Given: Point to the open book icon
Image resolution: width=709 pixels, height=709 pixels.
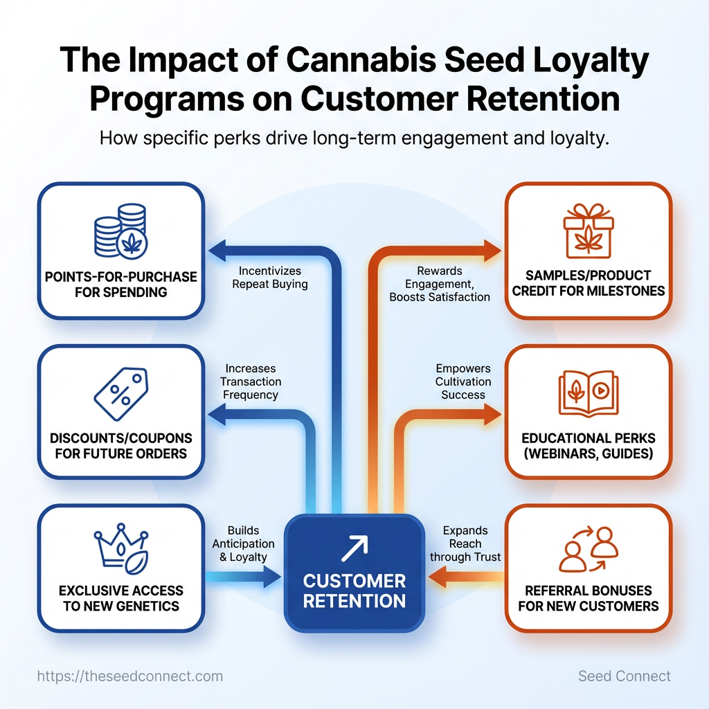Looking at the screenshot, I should pyautogui.click(x=588, y=392).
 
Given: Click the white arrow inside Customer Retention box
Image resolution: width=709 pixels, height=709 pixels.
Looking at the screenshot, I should pyautogui.click(x=354, y=548).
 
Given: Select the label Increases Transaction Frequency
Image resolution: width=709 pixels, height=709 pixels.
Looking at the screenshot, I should pyautogui.click(x=250, y=382).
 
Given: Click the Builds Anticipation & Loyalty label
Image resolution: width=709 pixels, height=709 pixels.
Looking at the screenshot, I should pyautogui.click(x=243, y=544).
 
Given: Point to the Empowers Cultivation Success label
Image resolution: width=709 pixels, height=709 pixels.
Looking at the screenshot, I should pyautogui.click(x=463, y=382).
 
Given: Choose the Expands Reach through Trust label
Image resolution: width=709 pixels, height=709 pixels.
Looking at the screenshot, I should pyautogui.click(x=465, y=544).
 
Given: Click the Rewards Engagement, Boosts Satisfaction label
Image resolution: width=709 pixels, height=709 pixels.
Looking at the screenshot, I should pyautogui.click(x=440, y=284).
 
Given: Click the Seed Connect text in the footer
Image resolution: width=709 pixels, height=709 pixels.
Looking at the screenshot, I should pyautogui.click(x=624, y=676).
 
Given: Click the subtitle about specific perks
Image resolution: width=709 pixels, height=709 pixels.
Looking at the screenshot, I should pyautogui.click(x=354, y=137).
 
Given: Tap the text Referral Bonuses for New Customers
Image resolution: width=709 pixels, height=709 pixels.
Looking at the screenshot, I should pyautogui.click(x=588, y=598).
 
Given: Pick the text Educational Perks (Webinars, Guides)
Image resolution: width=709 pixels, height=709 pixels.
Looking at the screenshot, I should pyautogui.click(x=588, y=447).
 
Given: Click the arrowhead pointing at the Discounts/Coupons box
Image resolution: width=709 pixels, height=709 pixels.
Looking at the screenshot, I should pyautogui.click(x=214, y=416).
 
